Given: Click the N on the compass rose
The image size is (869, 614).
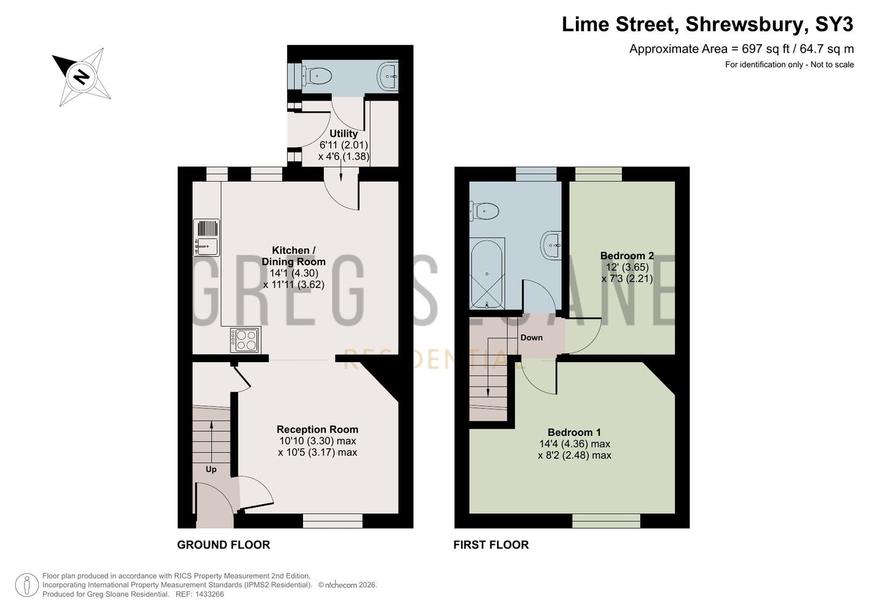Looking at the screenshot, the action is (82, 76).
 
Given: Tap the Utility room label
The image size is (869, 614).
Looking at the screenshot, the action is (344, 134).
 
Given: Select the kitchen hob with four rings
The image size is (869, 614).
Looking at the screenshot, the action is (245, 340).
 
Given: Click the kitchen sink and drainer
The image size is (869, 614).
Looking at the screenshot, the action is (206, 238).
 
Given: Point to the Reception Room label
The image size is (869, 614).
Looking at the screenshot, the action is (317, 429).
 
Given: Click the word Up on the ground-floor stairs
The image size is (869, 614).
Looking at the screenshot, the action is (211, 470).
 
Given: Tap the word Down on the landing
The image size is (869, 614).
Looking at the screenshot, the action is (532, 338).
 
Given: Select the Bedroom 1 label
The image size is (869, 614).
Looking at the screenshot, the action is (574, 432).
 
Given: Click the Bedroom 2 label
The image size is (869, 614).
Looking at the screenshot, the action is (627, 256).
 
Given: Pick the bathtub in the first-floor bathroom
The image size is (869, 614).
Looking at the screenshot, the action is (487, 274).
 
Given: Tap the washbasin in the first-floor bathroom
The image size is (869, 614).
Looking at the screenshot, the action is (551, 245).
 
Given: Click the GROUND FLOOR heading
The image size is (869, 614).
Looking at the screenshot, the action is (224, 545).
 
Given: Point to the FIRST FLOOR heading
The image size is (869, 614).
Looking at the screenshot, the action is (491, 545).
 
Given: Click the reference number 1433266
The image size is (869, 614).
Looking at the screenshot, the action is (210, 594).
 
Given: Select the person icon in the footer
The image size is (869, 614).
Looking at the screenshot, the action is (27, 585).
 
